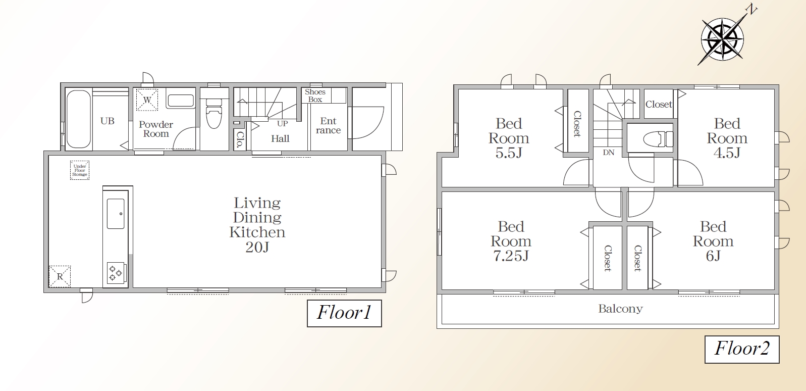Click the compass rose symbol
pyautogui.click(x=723, y=39)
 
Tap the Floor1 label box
pyautogui.click(x=344, y=313)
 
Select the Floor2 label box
pyautogui.click(x=742, y=349)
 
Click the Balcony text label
pyautogui.click(x=620, y=309)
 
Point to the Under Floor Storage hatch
pyautogui.click(x=80, y=170)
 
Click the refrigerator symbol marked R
pyautogui.click(x=60, y=276)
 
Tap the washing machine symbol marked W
pyautogui.click(x=147, y=100)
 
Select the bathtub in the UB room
pyautogui.click(x=79, y=119)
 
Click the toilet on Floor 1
pyautogui.click(x=213, y=112)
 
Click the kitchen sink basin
pyautogui.click(x=116, y=214)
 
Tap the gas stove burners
pyautogui.click(x=116, y=273)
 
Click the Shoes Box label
pyautogui.click(x=315, y=96)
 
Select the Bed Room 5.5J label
pyautogui.click(x=509, y=138)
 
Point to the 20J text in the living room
pyautogui.click(x=257, y=248)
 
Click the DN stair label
pyautogui.click(x=609, y=153)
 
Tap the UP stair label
pyautogui.click(x=283, y=124)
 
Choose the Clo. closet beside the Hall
pyautogui.click(x=240, y=139)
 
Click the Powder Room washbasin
pyautogui.click(x=181, y=101)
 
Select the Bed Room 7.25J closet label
pyautogui.click(x=607, y=258)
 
